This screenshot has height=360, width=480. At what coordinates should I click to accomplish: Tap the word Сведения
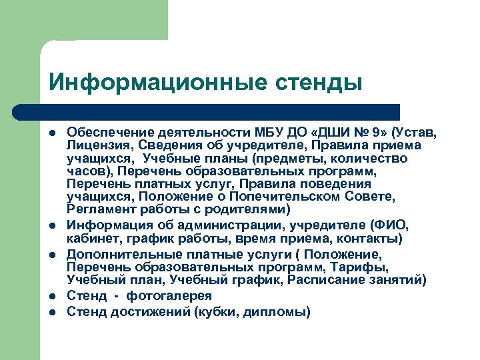pos(163,145)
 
